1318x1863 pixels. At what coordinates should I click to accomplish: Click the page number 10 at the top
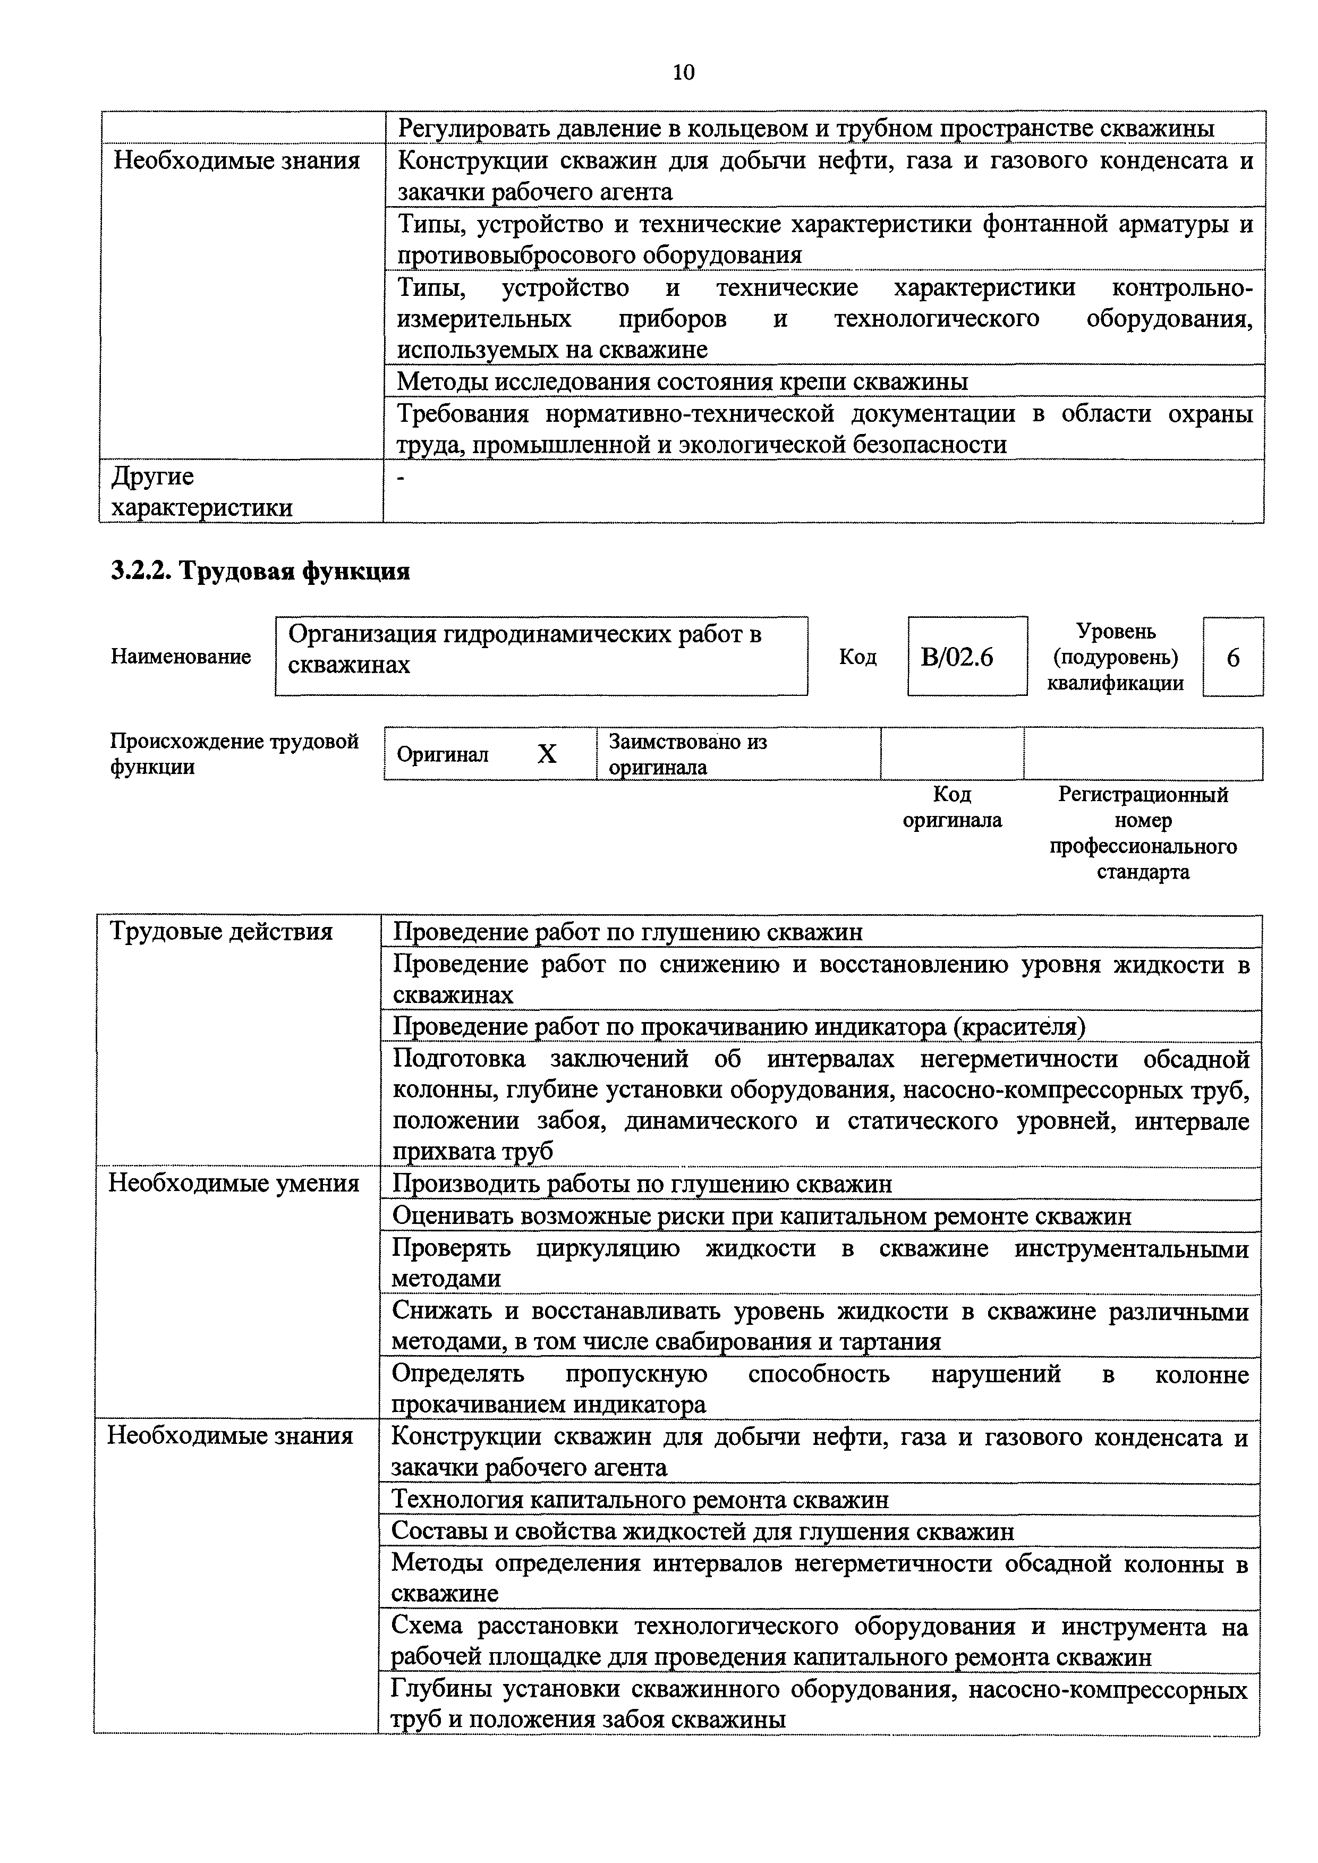[683, 73]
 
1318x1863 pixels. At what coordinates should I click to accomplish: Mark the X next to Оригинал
[547, 755]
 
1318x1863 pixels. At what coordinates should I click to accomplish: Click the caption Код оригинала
[952, 807]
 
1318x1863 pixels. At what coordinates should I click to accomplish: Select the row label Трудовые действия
[221, 932]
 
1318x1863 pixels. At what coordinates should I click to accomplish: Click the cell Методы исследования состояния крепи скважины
[682, 381]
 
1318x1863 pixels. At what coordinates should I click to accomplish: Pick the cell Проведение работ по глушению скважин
[627, 932]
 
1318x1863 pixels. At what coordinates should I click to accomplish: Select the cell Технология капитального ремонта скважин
[640, 1500]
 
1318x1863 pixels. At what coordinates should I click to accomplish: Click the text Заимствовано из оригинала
[687, 755]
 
